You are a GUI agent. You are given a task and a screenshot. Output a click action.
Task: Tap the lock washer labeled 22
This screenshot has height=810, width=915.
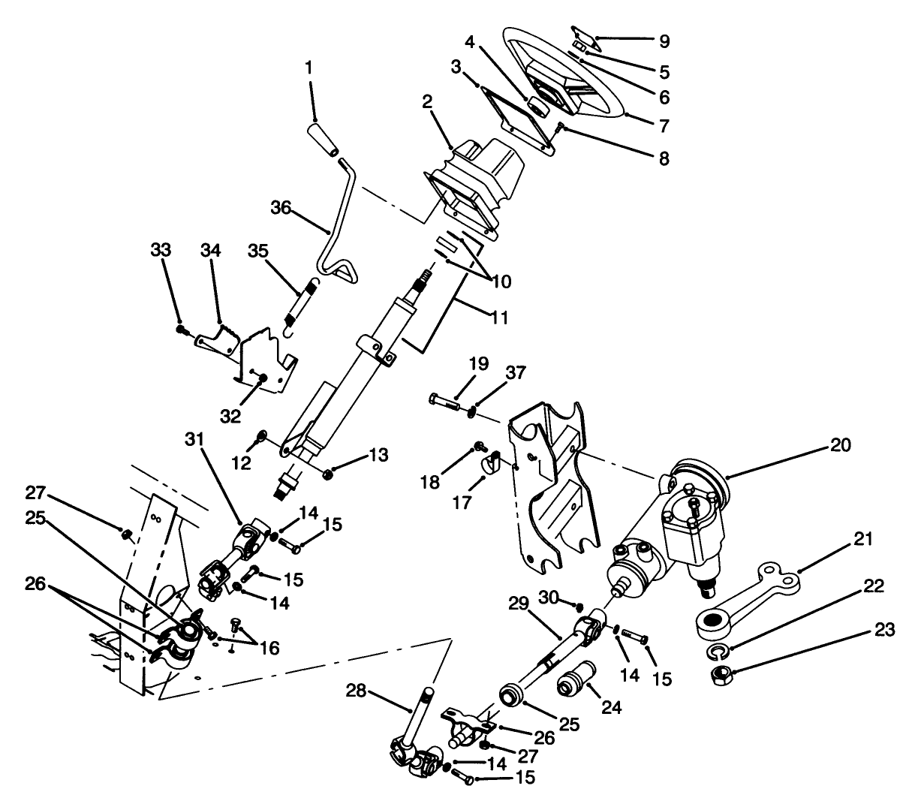(718, 649)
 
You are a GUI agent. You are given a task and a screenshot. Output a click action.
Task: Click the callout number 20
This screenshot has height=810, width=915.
(841, 445)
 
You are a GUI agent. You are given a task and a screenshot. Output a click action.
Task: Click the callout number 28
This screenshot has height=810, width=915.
(356, 689)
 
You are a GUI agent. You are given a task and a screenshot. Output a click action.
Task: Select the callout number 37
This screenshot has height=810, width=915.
(516, 373)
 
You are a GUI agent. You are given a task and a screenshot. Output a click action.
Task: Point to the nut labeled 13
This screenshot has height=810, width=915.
(328, 474)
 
